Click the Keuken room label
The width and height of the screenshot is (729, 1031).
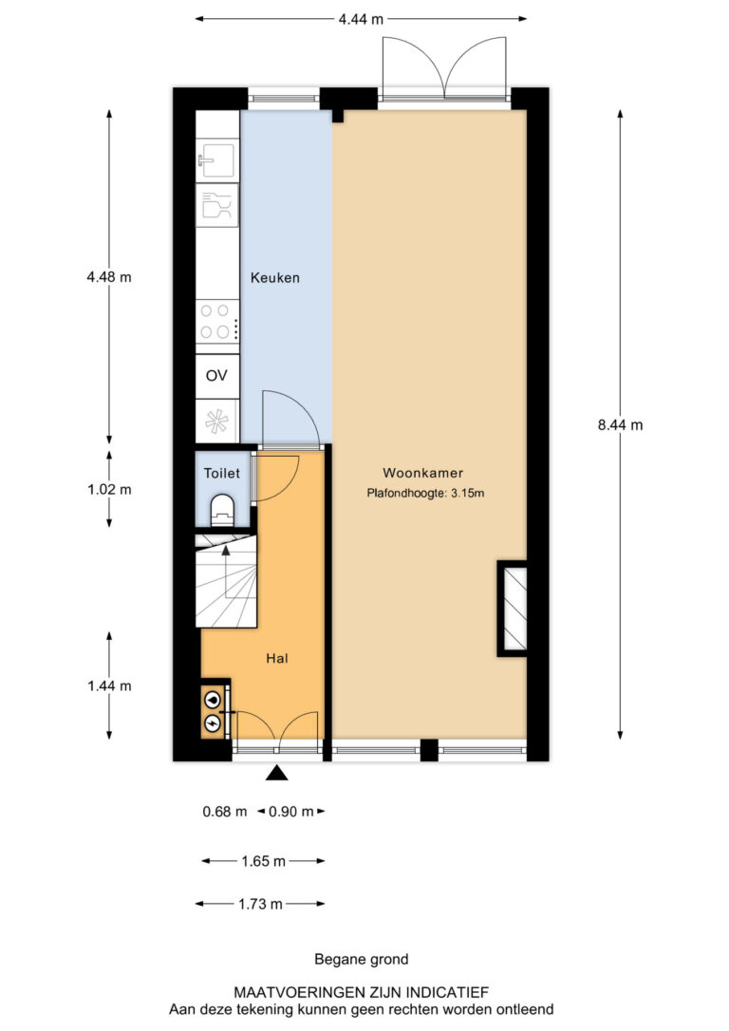[274, 278]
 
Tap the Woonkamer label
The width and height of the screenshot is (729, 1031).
[422, 473]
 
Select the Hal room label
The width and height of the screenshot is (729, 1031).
[277, 658]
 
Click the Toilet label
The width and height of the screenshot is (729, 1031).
[221, 473]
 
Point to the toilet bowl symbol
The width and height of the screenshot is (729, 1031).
[222, 511]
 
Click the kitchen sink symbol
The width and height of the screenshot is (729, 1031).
[217, 159]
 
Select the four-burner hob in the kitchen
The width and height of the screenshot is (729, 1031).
[217, 321]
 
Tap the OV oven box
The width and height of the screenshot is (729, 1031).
[217, 375]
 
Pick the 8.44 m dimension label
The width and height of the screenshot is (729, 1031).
[620, 425]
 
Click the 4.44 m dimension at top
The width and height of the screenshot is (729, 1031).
[361, 19]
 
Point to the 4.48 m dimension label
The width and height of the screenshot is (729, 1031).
[109, 277]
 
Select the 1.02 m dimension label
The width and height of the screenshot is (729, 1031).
[109, 490]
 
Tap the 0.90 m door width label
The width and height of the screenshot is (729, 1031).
[291, 812]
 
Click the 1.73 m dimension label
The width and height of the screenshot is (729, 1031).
[260, 905]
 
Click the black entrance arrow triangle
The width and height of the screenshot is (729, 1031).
[277, 773]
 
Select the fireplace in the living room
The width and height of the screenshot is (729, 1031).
[513, 609]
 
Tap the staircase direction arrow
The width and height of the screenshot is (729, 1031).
[226, 573]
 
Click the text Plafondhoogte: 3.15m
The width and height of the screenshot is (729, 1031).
[425, 493]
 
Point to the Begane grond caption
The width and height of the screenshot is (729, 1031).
[362, 960]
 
